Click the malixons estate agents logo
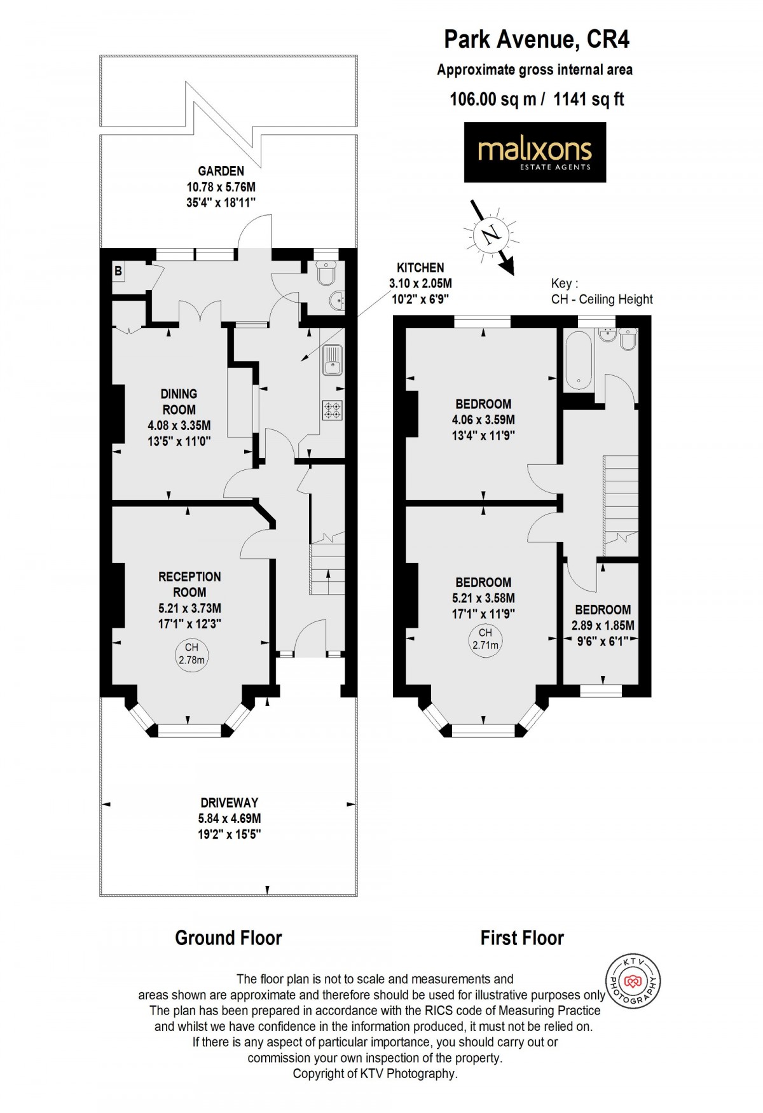point(535,153)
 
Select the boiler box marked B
point(118,271)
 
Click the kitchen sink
point(332,359)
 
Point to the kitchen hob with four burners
point(332,409)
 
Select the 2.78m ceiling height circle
point(191,654)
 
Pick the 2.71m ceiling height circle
point(485,639)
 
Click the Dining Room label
point(179,401)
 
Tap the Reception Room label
point(189,584)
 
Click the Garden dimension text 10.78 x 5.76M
point(221,187)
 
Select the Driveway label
point(229,803)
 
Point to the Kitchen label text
point(420,268)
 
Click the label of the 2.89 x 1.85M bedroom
point(603,609)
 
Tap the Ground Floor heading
point(228,937)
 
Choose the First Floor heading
point(522,937)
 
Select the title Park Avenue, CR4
point(536,39)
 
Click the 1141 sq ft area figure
point(589,99)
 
